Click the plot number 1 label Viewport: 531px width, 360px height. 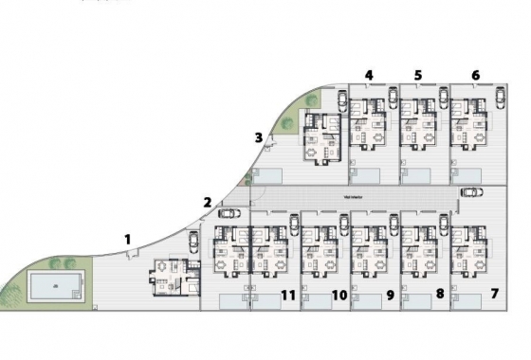128,240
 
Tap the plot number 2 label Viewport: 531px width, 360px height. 207,201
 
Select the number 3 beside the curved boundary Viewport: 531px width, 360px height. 258,137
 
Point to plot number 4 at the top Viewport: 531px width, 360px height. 369,75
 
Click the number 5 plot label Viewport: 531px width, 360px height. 418,75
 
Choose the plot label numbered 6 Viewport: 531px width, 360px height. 475,75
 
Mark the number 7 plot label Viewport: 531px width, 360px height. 495,295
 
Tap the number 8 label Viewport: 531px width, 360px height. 439,295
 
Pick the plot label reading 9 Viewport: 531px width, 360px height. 389,296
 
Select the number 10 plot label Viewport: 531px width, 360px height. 339,296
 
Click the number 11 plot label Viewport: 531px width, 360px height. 288,296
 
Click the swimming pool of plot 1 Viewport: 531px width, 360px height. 55,284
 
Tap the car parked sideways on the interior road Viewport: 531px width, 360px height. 470,191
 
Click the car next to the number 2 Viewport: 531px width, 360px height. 229,212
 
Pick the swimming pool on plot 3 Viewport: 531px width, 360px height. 268,175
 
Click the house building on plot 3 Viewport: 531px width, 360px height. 321,138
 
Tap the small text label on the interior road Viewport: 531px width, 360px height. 353,196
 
